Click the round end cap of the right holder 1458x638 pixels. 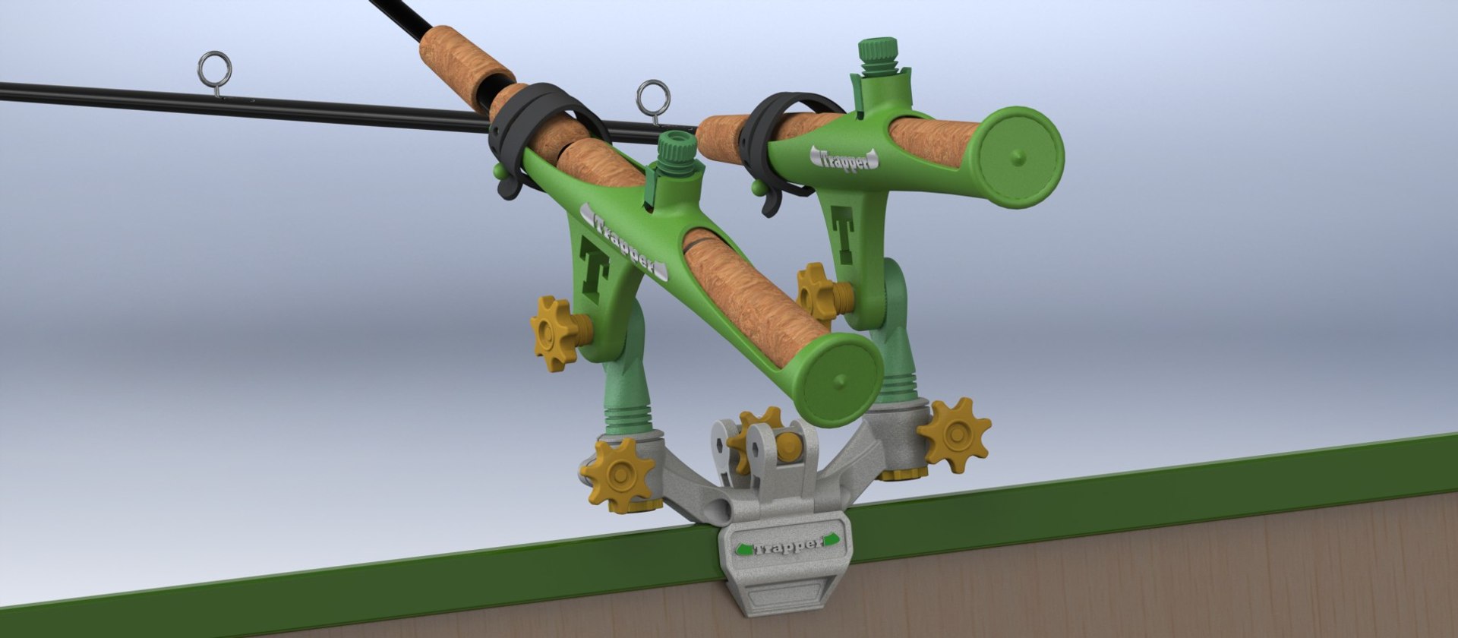[1019, 157]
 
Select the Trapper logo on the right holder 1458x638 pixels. [844, 158]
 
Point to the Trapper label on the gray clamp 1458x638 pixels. [785, 545]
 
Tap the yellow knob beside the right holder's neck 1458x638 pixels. [816, 293]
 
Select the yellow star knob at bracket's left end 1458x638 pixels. [619, 475]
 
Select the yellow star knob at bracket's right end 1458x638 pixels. [953, 434]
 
